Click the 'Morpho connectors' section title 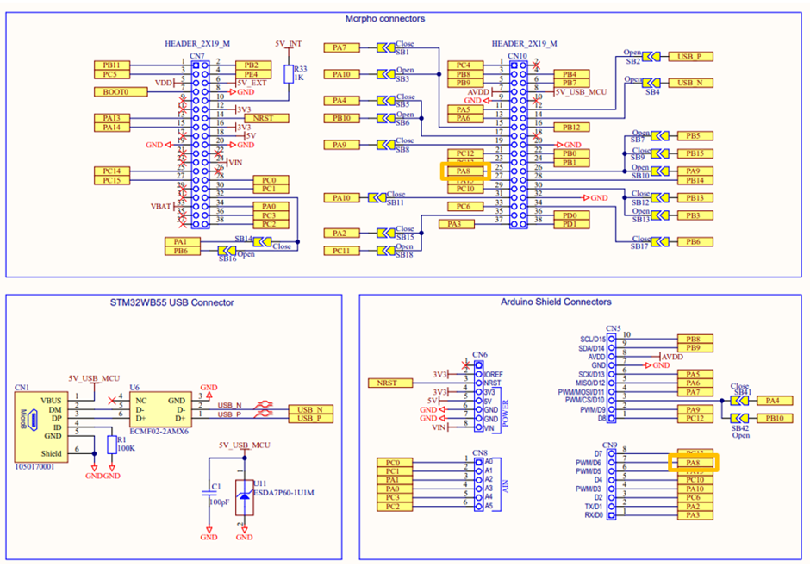pyautogui.click(x=385, y=19)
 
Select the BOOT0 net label pyautogui.click(x=115, y=91)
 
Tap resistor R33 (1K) pyautogui.click(x=295, y=73)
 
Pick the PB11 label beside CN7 pyautogui.click(x=112, y=65)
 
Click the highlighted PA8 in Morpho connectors pyautogui.click(x=464, y=171)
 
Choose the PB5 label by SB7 pyautogui.click(x=693, y=136)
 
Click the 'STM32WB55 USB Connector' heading pyautogui.click(x=171, y=302)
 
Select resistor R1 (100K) pyautogui.click(x=109, y=444)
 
